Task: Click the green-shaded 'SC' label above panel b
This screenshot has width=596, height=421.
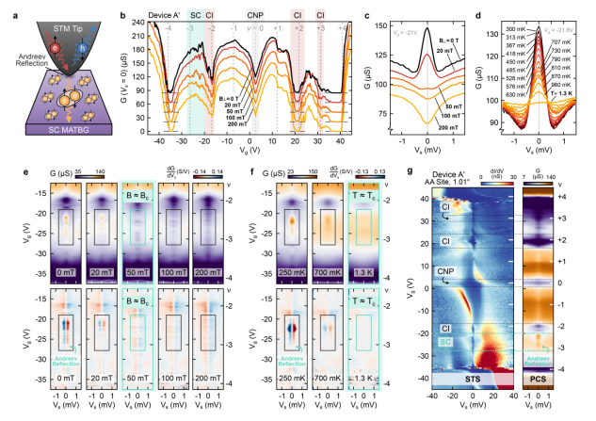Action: point(195,15)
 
